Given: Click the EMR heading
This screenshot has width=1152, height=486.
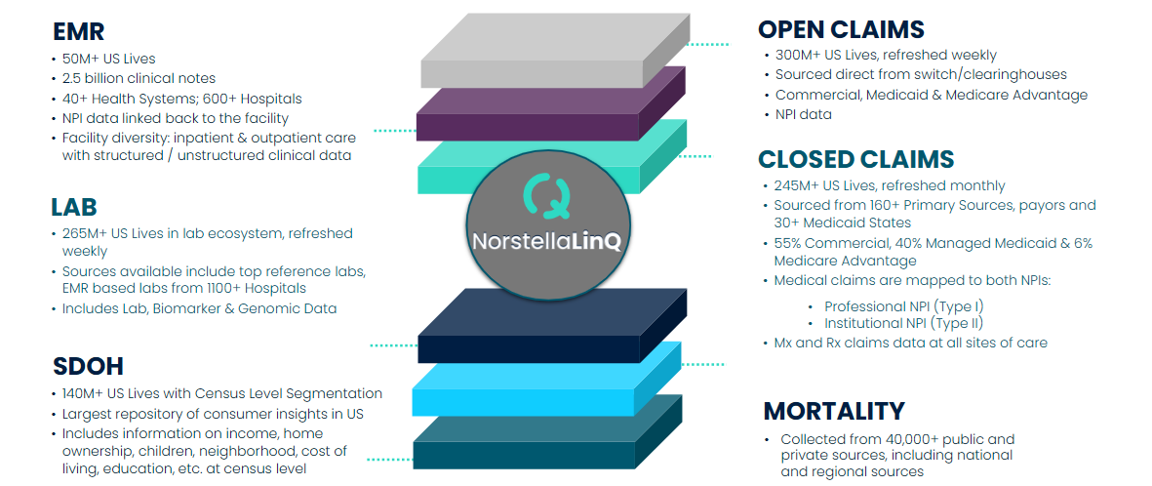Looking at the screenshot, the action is click(x=79, y=31).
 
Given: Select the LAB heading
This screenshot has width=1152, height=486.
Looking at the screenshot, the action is click(x=74, y=207).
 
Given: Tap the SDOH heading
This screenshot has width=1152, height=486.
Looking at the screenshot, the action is click(x=88, y=366).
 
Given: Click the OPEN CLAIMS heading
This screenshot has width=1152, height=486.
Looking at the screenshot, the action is click(x=841, y=29).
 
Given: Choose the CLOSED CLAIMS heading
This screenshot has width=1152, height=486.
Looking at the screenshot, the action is click(x=855, y=159).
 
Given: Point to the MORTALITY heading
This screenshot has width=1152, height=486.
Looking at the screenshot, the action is click(x=834, y=410).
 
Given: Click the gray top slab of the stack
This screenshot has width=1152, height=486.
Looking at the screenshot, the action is click(x=555, y=52).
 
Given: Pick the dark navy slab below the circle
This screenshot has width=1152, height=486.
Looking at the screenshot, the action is click(x=552, y=326).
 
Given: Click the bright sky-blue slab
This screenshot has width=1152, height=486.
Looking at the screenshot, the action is click(x=547, y=379).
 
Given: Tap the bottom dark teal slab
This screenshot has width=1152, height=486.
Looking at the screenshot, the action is click(x=548, y=431).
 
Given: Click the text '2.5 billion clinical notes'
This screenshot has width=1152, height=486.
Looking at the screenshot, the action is click(x=139, y=78).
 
